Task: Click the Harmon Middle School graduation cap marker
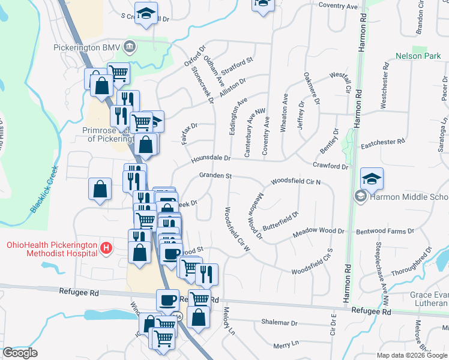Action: (x=372, y=178)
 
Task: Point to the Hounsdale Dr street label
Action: (x=211, y=158)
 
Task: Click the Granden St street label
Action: (x=215, y=176)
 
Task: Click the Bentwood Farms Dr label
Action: (x=385, y=230)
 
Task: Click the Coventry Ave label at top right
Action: (x=338, y=6)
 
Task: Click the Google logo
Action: (x=20, y=353)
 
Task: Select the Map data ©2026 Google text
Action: (x=411, y=355)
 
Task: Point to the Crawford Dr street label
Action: (x=330, y=166)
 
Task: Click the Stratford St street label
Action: (x=238, y=60)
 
